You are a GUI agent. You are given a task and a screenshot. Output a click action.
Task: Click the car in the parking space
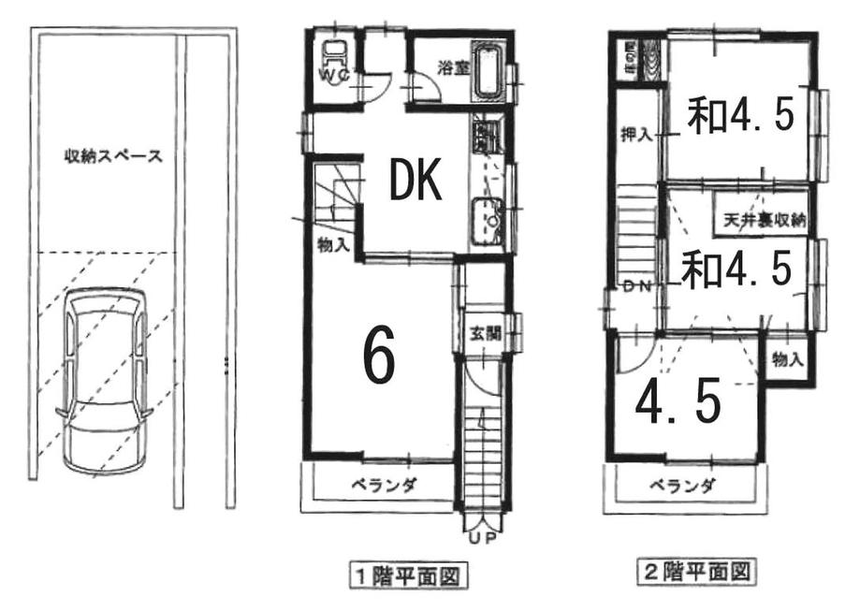coord(103,382)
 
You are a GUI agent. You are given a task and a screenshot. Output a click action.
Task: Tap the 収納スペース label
coord(113,156)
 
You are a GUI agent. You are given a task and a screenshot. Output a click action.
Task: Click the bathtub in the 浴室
coord(487,70)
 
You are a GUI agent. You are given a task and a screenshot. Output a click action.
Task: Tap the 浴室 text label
coord(453,66)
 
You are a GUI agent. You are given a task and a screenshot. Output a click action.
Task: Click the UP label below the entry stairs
coord(484,540)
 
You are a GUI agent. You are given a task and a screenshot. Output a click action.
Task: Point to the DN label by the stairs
coord(638,286)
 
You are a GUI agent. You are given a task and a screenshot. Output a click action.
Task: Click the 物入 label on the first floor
coord(333,245)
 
